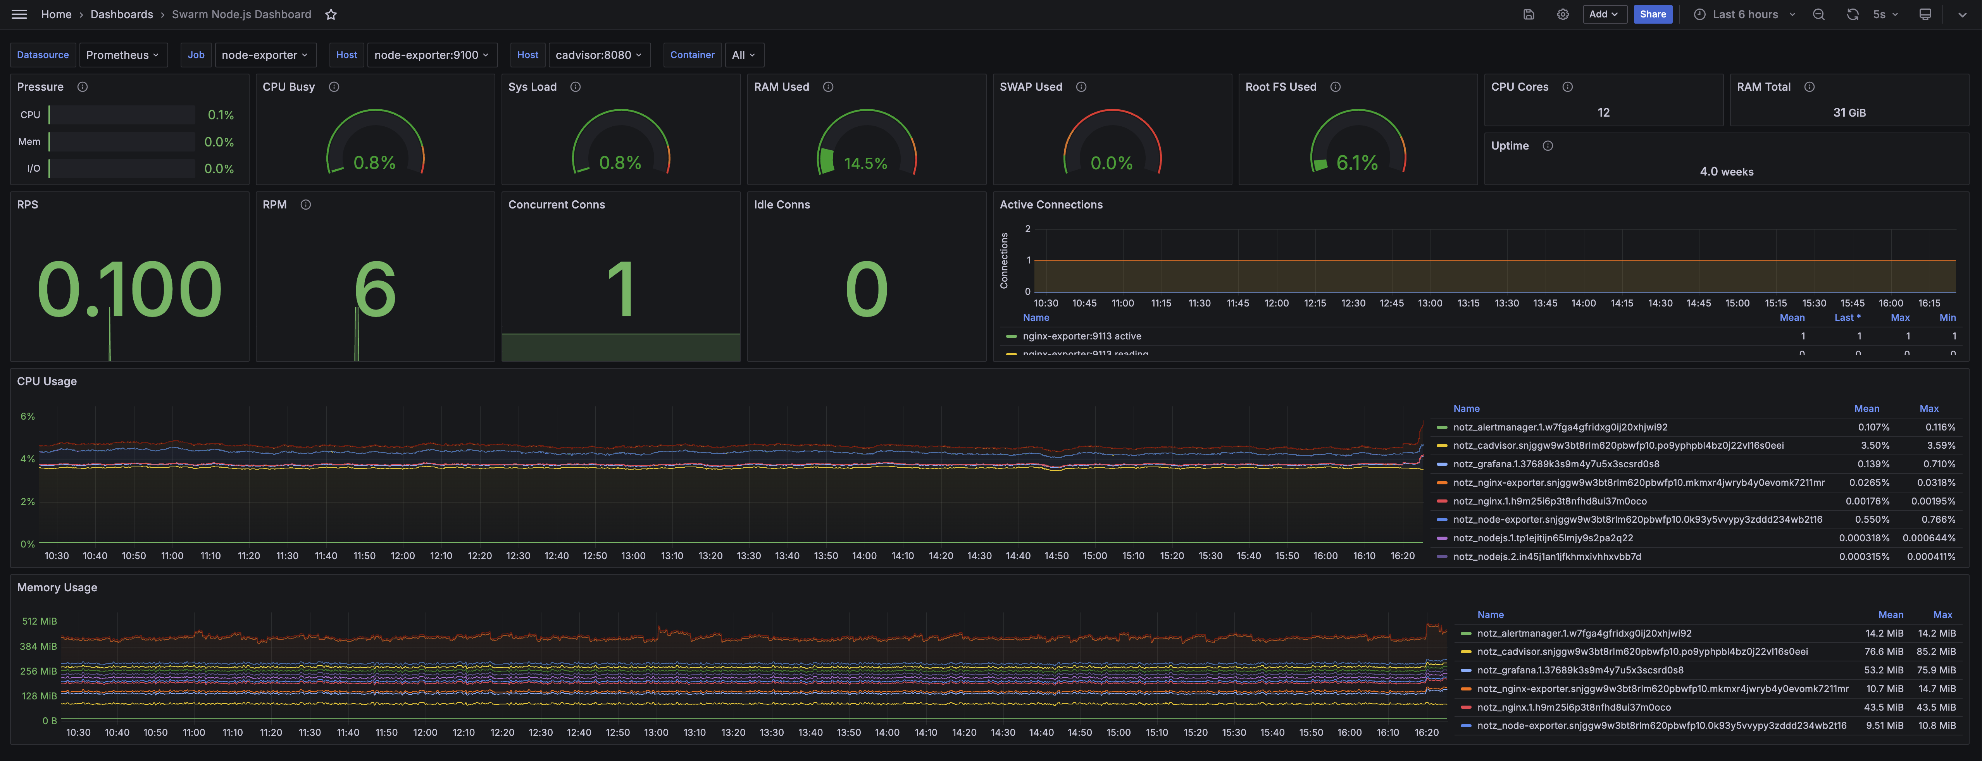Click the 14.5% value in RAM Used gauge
[865, 163]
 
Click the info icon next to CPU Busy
[334, 87]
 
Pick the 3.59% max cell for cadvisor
[1940, 446]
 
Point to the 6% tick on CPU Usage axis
[28, 416]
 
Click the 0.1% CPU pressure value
[221, 115]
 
